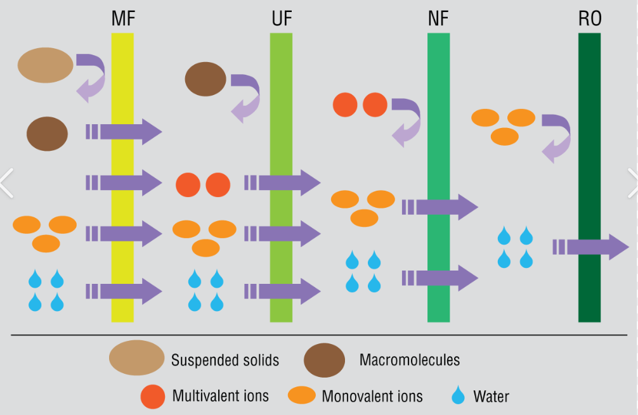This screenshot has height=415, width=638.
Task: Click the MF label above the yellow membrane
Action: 123,18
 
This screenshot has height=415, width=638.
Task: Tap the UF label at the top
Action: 281,18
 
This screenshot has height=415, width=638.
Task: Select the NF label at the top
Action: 438,18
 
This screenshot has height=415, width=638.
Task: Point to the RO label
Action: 590,18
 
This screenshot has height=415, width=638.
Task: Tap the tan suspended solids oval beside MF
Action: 45,65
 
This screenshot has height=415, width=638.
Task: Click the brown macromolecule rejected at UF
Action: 205,79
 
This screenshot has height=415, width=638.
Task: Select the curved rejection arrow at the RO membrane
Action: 557,136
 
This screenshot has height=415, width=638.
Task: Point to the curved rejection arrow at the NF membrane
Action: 406,120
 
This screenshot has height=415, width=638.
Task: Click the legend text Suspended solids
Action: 225,361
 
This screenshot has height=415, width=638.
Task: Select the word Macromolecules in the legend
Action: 409,361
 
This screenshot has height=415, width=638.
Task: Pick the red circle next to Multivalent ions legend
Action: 153,397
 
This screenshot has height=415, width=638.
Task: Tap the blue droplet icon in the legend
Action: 458,397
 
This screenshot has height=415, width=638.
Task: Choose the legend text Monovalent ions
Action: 372,397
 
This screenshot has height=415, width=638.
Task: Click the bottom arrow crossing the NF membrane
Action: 439,278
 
